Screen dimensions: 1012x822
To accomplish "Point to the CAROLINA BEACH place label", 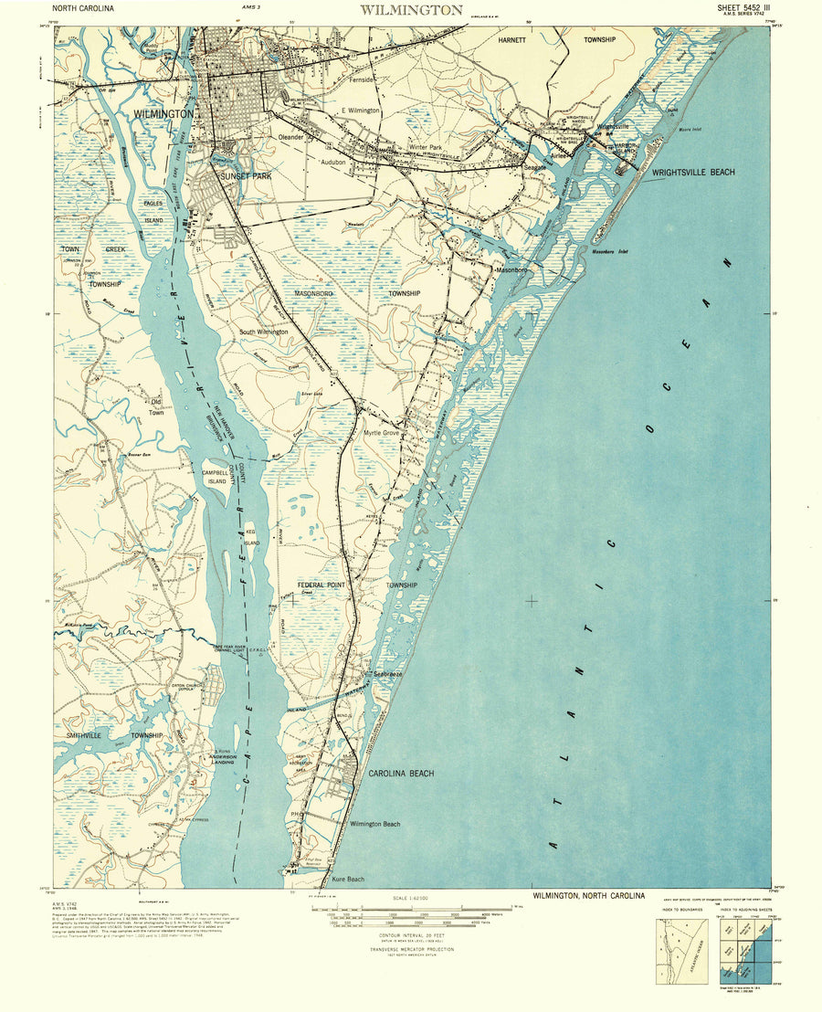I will [x=401, y=774].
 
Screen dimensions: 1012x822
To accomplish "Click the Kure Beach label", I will [x=347, y=880].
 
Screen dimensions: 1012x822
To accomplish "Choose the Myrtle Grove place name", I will [x=382, y=433].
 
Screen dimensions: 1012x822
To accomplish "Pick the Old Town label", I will [x=156, y=406].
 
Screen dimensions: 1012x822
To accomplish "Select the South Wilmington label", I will [x=264, y=332].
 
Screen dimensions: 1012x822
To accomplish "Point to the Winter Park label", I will [x=425, y=147].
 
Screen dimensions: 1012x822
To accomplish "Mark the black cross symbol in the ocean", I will [x=532, y=600].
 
